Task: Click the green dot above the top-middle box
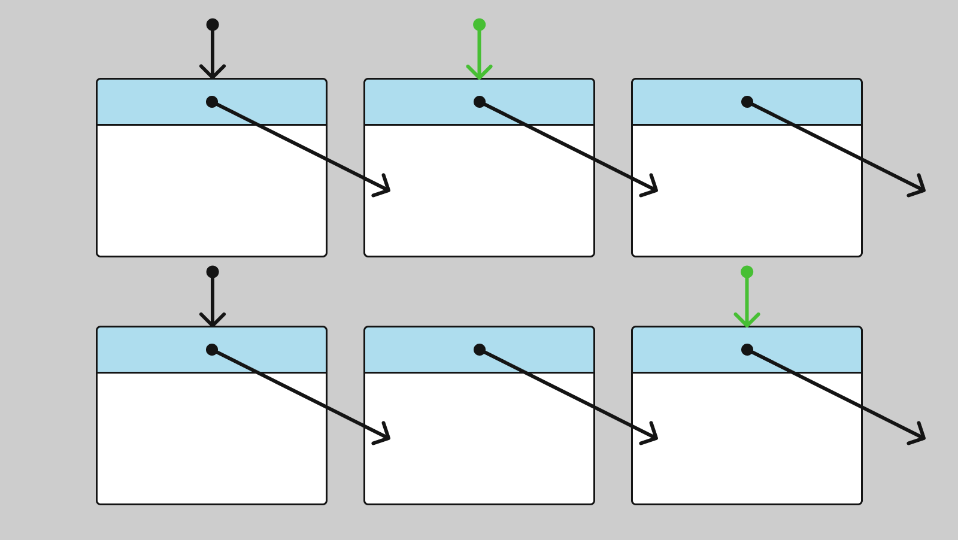click(x=480, y=25)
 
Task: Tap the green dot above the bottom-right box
click(x=747, y=272)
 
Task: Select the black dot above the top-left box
click(x=213, y=25)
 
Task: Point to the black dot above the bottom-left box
click(x=213, y=272)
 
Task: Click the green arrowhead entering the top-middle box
click(x=480, y=75)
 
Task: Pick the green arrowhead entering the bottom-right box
click(x=747, y=323)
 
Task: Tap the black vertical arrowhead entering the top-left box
click(x=213, y=75)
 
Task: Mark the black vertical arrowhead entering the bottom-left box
click(x=213, y=323)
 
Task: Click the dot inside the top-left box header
click(x=212, y=102)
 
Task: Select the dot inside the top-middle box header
click(x=480, y=102)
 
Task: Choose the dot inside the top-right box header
click(x=747, y=102)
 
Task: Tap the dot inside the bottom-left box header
click(x=212, y=350)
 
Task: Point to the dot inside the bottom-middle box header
click(x=480, y=350)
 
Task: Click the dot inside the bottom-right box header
click(x=747, y=350)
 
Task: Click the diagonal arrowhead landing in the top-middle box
click(x=386, y=189)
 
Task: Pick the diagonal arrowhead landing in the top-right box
click(x=654, y=189)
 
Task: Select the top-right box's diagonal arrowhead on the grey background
click(x=921, y=189)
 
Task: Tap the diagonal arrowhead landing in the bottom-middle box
click(x=386, y=437)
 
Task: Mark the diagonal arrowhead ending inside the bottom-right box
click(x=654, y=437)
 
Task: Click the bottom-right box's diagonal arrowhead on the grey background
click(x=921, y=437)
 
